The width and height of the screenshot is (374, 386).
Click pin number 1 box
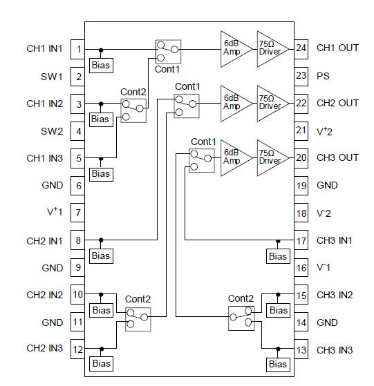click(79, 49)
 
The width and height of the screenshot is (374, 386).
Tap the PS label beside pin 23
click(323, 75)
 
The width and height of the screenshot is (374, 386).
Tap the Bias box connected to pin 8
click(100, 256)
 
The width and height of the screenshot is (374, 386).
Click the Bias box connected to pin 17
click(278, 256)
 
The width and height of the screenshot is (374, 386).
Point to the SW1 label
click(52, 76)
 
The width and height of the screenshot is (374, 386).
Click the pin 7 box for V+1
click(79, 213)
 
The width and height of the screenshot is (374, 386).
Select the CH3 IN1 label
click(335, 240)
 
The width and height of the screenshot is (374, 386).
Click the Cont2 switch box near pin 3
click(133, 109)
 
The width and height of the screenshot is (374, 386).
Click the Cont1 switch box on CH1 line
click(168, 49)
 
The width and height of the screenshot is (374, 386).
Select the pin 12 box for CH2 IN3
click(79, 349)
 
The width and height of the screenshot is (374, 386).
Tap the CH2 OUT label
click(337, 103)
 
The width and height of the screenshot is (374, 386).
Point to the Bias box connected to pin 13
click(278, 364)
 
